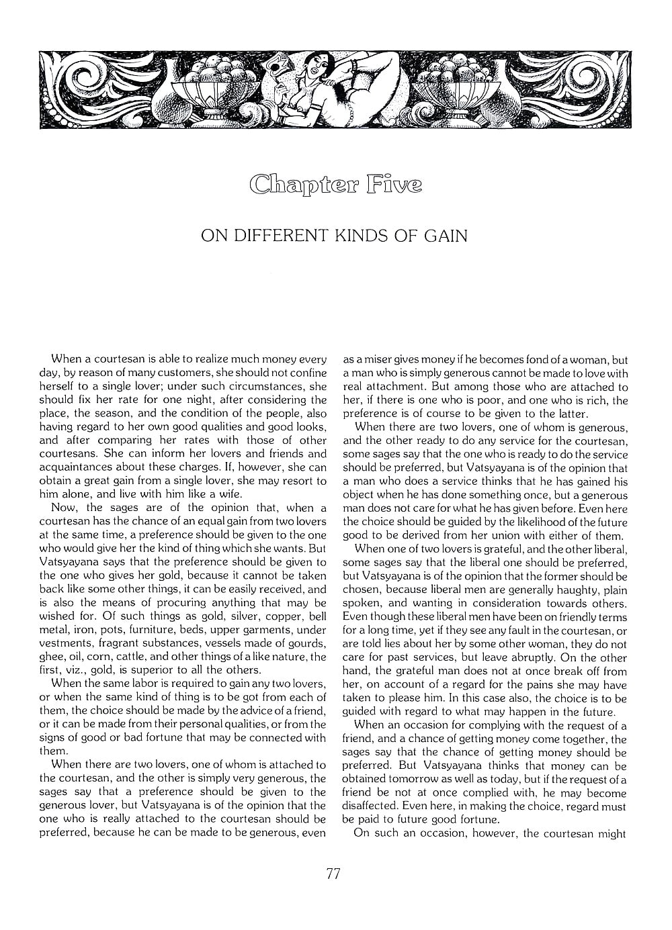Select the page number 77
[x=333, y=874]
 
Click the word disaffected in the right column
[x=372, y=806]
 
